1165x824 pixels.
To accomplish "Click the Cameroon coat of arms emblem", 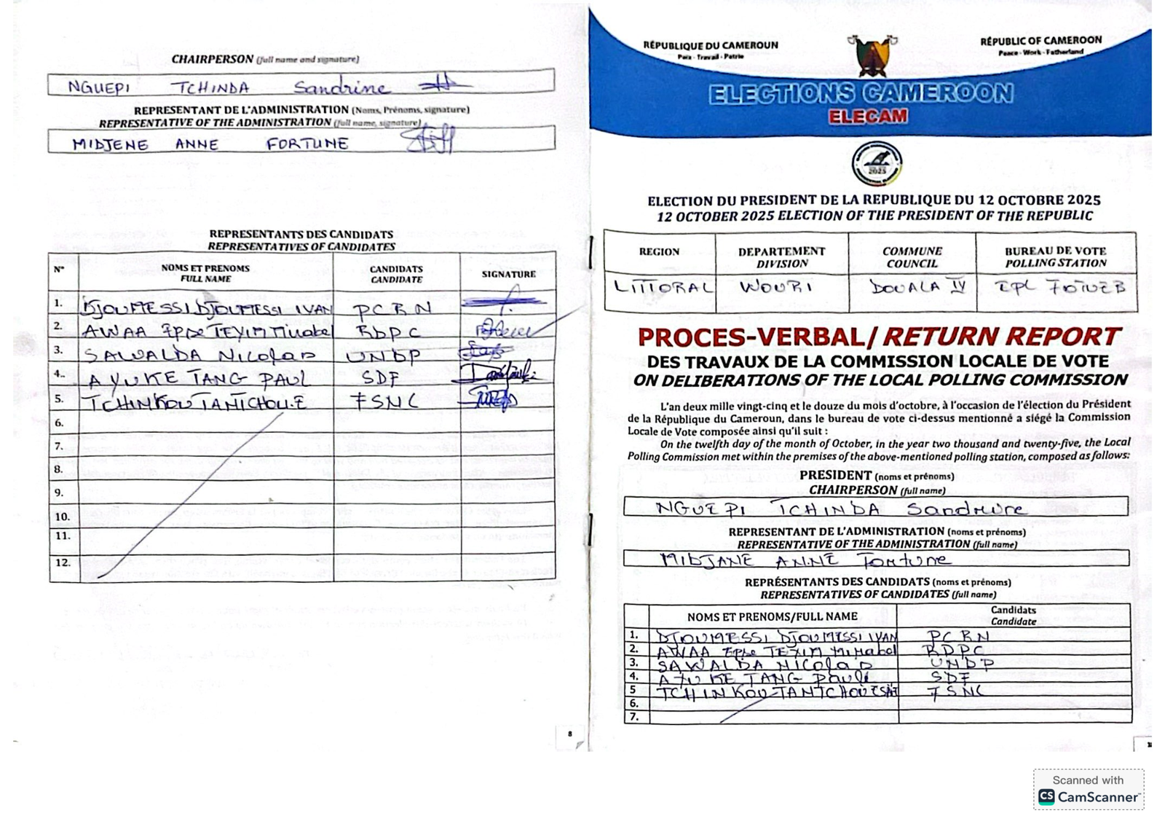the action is click(x=872, y=55).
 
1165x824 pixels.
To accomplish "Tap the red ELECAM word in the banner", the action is click(x=867, y=117).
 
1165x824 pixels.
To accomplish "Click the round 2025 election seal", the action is click(x=877, y=164).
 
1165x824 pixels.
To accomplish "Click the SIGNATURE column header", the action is click(x=508, y=274).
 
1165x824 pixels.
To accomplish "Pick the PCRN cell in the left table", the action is click(x=391, y=309).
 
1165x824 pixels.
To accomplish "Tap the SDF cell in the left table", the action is click(x=380, y=377).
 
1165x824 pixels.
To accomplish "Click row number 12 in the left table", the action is click(x=63, y=562).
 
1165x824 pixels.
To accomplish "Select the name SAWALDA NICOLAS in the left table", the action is click(x=200, y=355).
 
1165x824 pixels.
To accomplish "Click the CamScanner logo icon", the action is click(x=1046, y=796).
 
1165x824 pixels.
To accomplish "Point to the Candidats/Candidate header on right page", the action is click(x=1013, y=616).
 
